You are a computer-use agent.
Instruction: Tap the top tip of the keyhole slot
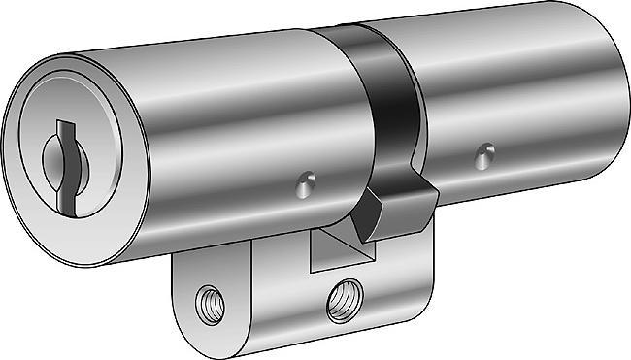64,124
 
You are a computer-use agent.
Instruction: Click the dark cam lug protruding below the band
391,206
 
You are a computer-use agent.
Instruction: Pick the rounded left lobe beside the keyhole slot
50,155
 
